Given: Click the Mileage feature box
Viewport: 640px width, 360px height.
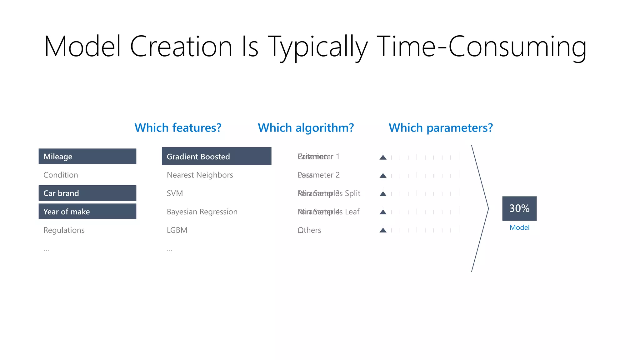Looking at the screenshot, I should pyautogui.click(x=87, y=156).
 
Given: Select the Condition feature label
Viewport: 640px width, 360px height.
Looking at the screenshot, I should pyautogui.click(x=61, y=175).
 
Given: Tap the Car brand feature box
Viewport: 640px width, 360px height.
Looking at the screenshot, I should pyautogui.click(x=87, y=193).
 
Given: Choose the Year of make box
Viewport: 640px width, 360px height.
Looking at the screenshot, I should pyautogui.click(x=87, y=212).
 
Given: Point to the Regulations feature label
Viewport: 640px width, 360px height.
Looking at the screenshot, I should pyautogui.click(x=64, y=230).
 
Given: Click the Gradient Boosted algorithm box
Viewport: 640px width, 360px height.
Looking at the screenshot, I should pyautogui.click(x=216, y=156).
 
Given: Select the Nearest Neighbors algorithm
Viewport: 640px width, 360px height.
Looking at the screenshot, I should pyautogui.click(x=200, y=175).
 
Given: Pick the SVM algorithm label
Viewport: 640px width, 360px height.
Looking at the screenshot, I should pyautogui.click(x=175, y=193).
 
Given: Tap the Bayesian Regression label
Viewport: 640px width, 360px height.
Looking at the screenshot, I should pyautogui.click(x=202, y=212).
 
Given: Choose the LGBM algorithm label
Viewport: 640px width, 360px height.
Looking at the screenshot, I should pyautogui.click(x=177, y=230).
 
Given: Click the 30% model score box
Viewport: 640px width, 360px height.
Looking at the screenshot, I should pyautogui.click(x=519, y=208).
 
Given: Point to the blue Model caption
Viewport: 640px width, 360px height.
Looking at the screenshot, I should pyautogui.click(x=519, y=227).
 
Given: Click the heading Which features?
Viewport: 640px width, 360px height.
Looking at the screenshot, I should pyautogui.click(x=178, y=128).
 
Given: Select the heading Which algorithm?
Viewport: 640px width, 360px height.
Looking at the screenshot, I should pyautogui.click(x=306, y=128).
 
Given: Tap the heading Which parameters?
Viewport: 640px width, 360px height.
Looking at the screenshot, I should pyautogui.click(x=441, y=128).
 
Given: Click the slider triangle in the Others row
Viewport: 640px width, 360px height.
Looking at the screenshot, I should pyautogui.click(x=383, y=230).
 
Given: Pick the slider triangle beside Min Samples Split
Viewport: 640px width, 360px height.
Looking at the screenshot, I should pyautogui.click(x=383, y=194).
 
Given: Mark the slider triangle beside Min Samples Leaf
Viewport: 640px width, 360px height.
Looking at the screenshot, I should pyautogui.click(x=383, y=212).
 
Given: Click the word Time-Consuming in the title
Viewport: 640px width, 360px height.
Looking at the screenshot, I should pyautogui.click(x=481, y=47).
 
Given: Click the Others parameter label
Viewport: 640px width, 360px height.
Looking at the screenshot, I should pyautogui.click(x=309, y=230).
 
